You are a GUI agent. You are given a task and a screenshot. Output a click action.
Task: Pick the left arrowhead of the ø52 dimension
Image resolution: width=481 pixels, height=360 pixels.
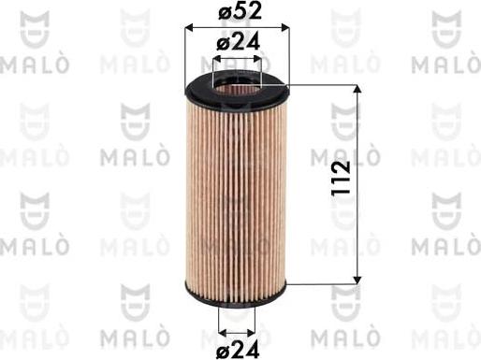coord(190,29)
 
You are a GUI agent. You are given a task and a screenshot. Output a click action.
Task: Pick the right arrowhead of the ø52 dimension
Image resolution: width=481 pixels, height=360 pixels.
coord(284,29)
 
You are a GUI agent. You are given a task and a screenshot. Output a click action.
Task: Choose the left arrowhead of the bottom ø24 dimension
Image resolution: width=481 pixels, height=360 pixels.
coord(221,331)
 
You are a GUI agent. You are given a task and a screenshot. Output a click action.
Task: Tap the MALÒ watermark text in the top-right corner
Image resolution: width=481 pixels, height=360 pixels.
coord(445,65)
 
